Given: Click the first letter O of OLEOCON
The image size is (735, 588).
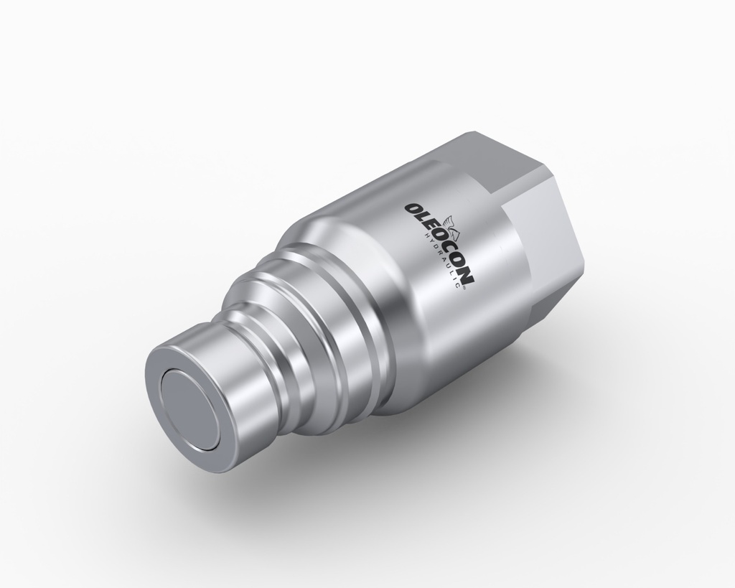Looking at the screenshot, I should pos(413,209).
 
